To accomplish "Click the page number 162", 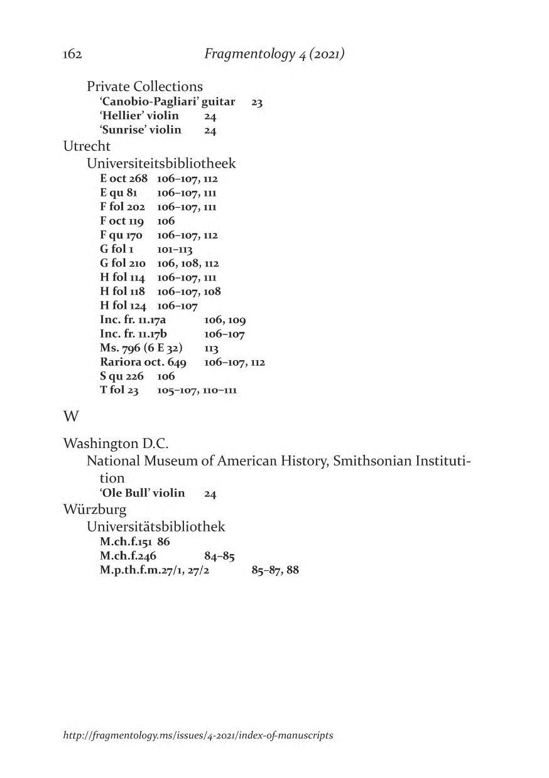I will (73, 55).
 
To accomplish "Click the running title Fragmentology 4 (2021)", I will (274, 55).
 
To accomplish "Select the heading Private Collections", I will (144, 86).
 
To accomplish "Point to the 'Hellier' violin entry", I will (139, 115).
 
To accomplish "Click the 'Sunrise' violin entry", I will (140, 130).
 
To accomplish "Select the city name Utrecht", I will (87, 146).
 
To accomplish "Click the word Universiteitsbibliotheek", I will (161, 164).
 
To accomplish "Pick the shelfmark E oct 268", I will (123, 179).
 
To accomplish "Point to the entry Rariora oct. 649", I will (143, 362).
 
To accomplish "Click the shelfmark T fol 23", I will (119, 390).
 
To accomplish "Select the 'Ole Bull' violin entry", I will (142, 493).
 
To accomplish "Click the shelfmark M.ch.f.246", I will (128, 555).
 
